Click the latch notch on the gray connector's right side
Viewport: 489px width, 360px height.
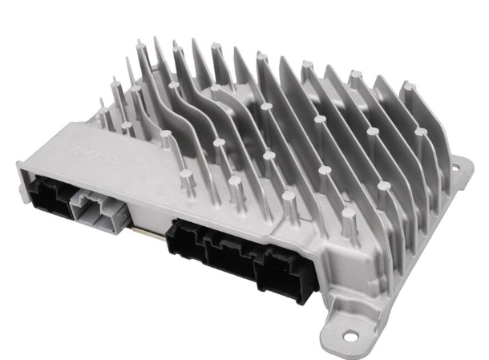point(119,215)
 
